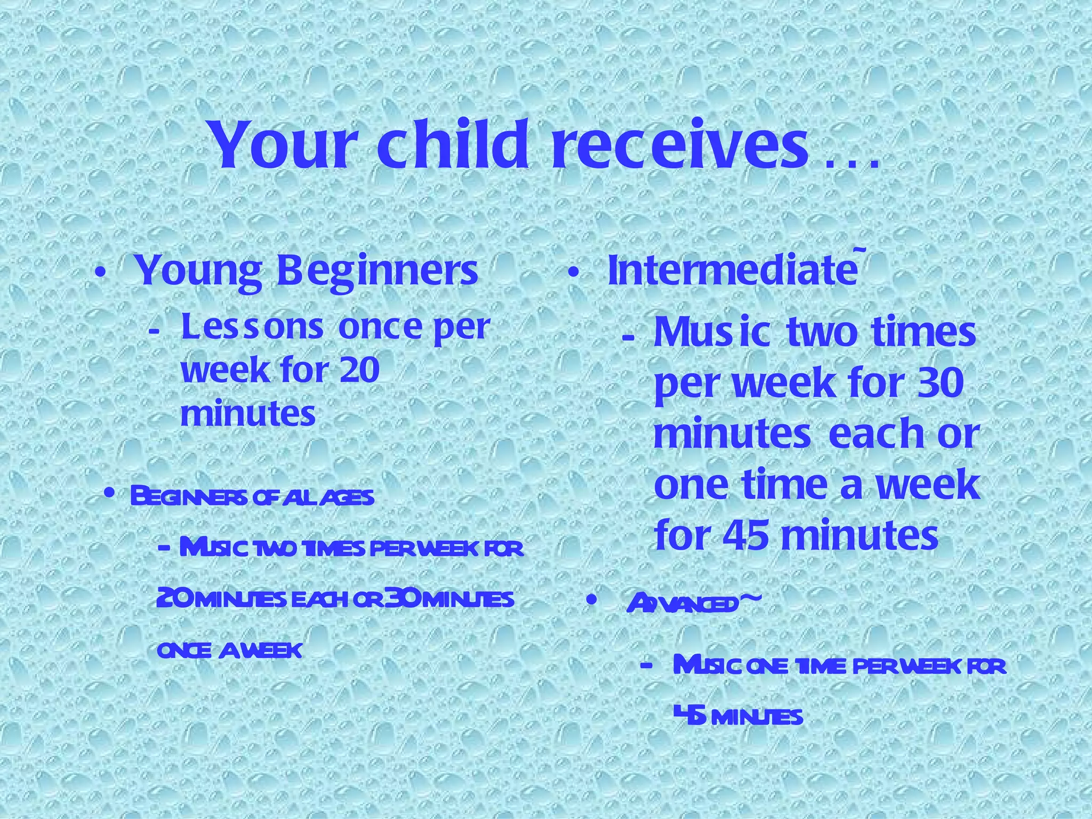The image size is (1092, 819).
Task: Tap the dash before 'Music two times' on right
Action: (629, 338)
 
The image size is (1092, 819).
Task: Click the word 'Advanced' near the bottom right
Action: (682, 603)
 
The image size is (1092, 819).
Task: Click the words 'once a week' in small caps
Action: (230, 651)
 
